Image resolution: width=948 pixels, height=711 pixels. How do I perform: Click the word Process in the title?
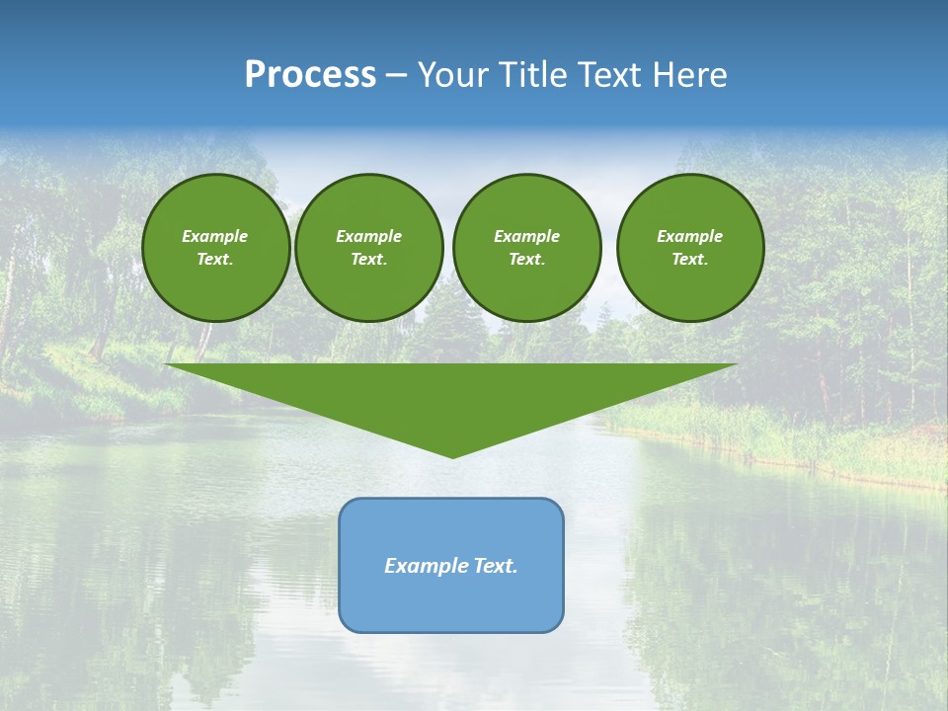(x=310, y=75)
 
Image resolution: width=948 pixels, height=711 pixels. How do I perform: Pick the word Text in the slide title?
(x=609, y=75)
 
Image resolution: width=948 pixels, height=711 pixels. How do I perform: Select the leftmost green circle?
(x=215, y=248)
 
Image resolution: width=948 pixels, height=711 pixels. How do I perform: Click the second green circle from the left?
(x=368, y=248)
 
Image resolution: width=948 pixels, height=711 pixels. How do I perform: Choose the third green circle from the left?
(x=526, y=248)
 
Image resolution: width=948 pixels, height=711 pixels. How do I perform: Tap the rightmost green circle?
(x=689, y=248)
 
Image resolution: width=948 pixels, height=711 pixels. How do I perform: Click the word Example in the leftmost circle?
(x=215, y=236)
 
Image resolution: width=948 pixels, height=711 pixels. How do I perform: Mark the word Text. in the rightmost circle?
(x=689, y=260)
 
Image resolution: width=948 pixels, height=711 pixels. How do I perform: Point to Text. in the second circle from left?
(x=368, y=260)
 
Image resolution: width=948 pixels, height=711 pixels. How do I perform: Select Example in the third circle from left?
(x=526, y=236)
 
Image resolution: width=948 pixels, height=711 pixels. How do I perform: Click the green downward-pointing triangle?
(x=451, y=395)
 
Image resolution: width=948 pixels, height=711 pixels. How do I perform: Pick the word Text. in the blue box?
(x=496, y=566)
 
